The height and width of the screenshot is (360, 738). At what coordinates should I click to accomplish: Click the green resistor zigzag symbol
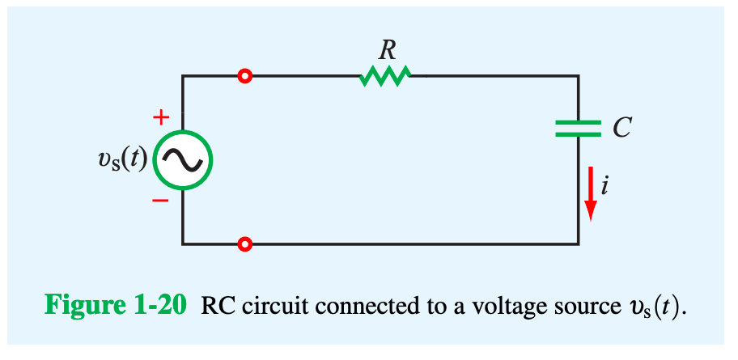386,76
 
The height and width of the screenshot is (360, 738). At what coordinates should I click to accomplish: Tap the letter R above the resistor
388,50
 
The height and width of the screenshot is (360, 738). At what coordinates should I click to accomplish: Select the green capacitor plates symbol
578,128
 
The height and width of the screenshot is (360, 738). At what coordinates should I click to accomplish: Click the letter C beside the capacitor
621,128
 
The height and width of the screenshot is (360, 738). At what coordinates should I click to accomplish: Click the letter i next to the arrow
605,185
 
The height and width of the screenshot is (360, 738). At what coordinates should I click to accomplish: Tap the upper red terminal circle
245,76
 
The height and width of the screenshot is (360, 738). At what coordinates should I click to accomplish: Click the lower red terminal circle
245,244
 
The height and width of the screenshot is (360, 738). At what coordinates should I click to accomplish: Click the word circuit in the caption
264,307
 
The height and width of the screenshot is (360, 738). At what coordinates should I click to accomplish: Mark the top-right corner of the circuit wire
579,76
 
